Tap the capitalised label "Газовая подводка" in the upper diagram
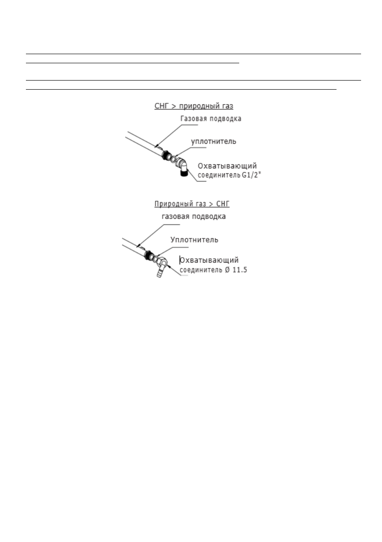[211, 118]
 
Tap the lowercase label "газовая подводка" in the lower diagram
[194, 217]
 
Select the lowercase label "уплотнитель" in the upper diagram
[213, 141]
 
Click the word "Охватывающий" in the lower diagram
[210, 260]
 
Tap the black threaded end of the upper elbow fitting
[183, 173]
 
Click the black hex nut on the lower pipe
[148, 255]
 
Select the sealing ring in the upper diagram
[173, 160]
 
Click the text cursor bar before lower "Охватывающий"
[180, 260]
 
